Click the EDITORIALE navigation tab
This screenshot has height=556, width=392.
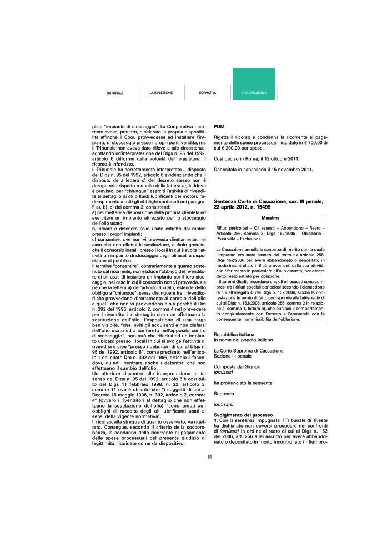pos(114,92)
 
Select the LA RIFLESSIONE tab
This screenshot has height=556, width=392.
pos(160,92)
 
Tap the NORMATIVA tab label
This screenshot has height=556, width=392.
pos(207,92)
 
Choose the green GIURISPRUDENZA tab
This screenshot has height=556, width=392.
pos(254,92)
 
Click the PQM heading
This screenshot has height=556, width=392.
pos(219,127)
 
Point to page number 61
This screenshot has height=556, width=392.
pos(210,457)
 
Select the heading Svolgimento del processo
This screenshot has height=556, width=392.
pos(242,415)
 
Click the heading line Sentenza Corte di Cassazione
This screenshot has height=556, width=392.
pos(268,201)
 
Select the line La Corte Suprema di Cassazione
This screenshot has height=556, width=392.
pos(248,350)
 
